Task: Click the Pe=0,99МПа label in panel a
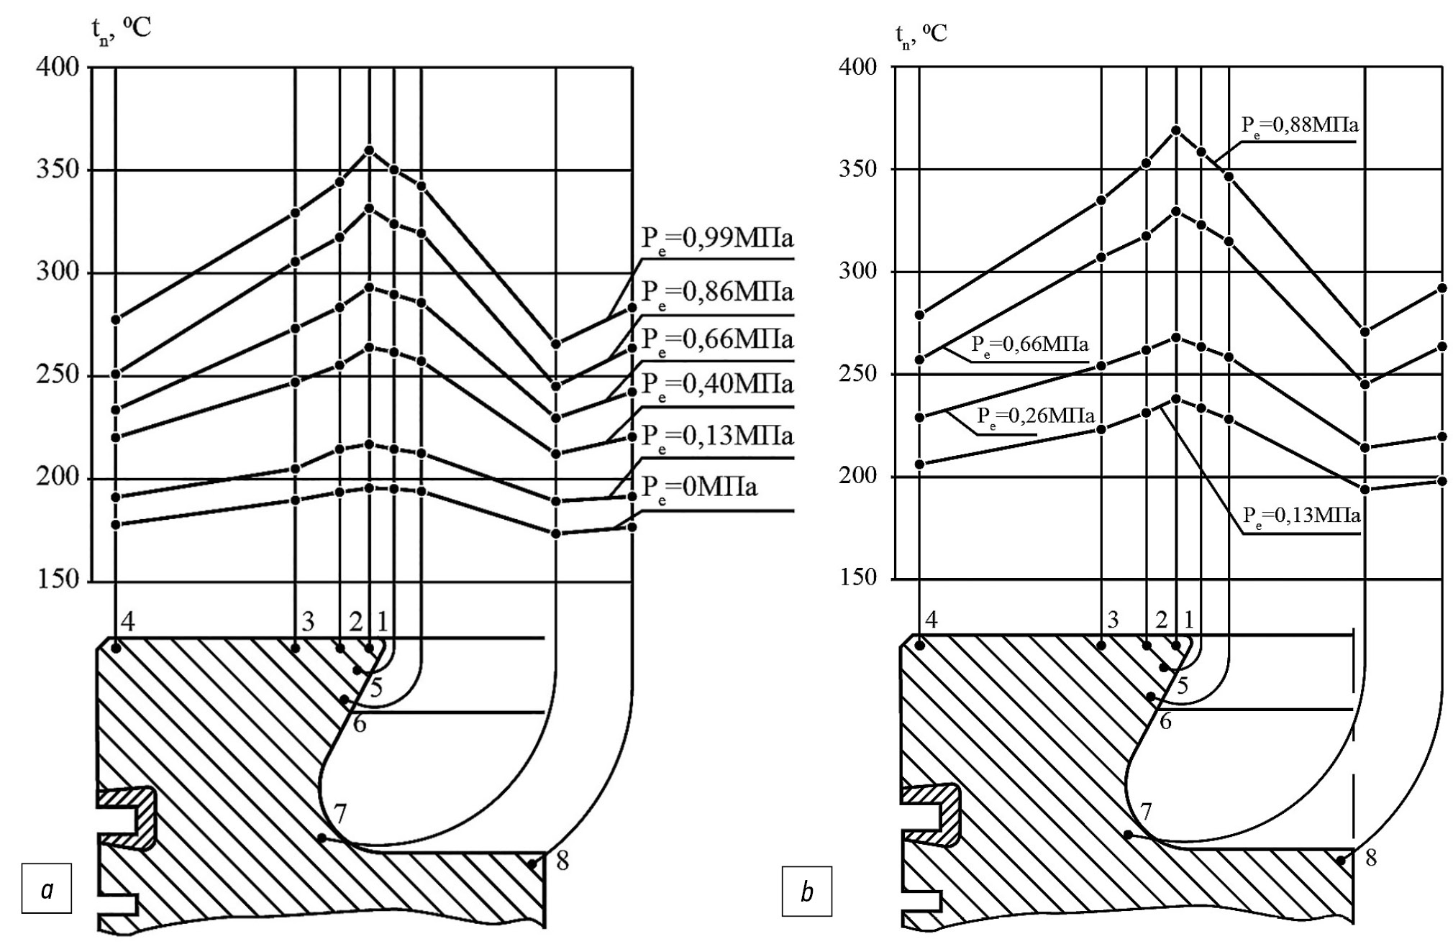[x=716, y=239]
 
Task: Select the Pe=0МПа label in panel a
[x=699, y=488]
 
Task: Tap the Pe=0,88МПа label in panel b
[x=1299, y=126]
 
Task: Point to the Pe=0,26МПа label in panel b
[x=1035, y=416]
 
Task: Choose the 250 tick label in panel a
[x=58, y=376]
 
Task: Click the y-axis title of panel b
[x=921, y=34]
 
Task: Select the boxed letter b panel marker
[x=806, y=892]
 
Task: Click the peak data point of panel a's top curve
[x=369, y=150]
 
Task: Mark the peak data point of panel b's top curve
[x=1176, y=130]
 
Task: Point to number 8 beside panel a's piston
[x=562, y=861]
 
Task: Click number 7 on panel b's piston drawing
[x=1146, y=812]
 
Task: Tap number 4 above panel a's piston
[x=127, y=622]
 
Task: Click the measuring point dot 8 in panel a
[x=532, y=865]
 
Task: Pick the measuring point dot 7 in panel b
[x=1129, y=835]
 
